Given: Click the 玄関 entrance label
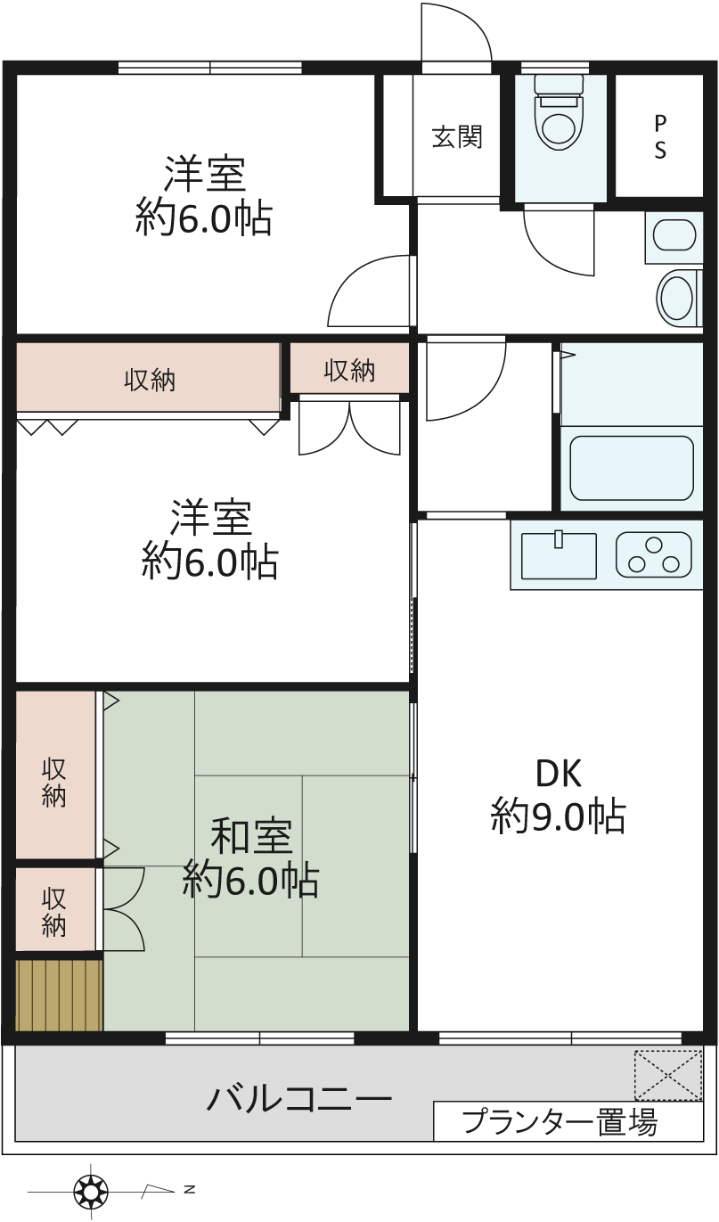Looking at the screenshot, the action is (x=457, y=137).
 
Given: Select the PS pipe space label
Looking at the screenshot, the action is (x=659, y=137).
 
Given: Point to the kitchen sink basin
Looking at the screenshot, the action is (x=559, y=554).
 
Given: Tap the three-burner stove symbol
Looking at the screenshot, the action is (x=654, y=554).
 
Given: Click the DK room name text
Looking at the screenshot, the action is (x=559, y=773).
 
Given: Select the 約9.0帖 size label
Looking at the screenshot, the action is (x=559, y=816).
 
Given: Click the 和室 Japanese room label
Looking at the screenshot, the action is (x=252, y=836).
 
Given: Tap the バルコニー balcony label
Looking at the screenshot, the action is (x=299, y=1097).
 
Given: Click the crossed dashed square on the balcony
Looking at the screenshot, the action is (x=668, y=1075).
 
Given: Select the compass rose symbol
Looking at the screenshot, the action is (x=91, y=1190).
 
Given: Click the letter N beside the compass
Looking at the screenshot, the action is (x=189, y=1189).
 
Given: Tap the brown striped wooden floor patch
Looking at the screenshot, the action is (x=59, y=995).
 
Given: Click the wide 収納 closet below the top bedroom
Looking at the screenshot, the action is (x=148, y=377).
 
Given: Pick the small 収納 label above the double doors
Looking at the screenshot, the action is (x=349, y=371).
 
